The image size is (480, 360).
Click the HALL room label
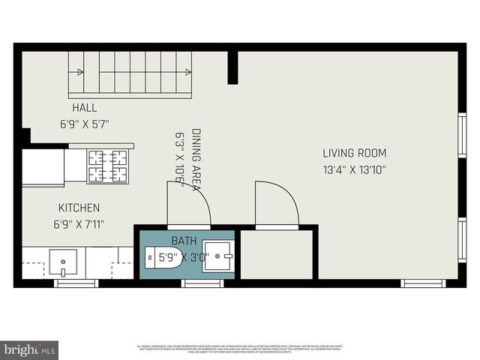click(x=84, y=108)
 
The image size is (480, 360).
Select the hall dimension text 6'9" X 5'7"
click(x=85, y=124)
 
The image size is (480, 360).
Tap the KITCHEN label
click(x=79, y=207)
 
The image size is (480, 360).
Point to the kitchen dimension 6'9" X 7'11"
click(x=79, y=223)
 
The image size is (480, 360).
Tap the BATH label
click(x=184, y=241)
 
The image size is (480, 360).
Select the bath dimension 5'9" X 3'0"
click(x=184, y=257)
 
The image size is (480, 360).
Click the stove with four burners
click(x=108, y=166)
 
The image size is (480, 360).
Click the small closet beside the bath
click(x=276, y=255)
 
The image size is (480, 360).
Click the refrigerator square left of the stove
click(x=43, y=166)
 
